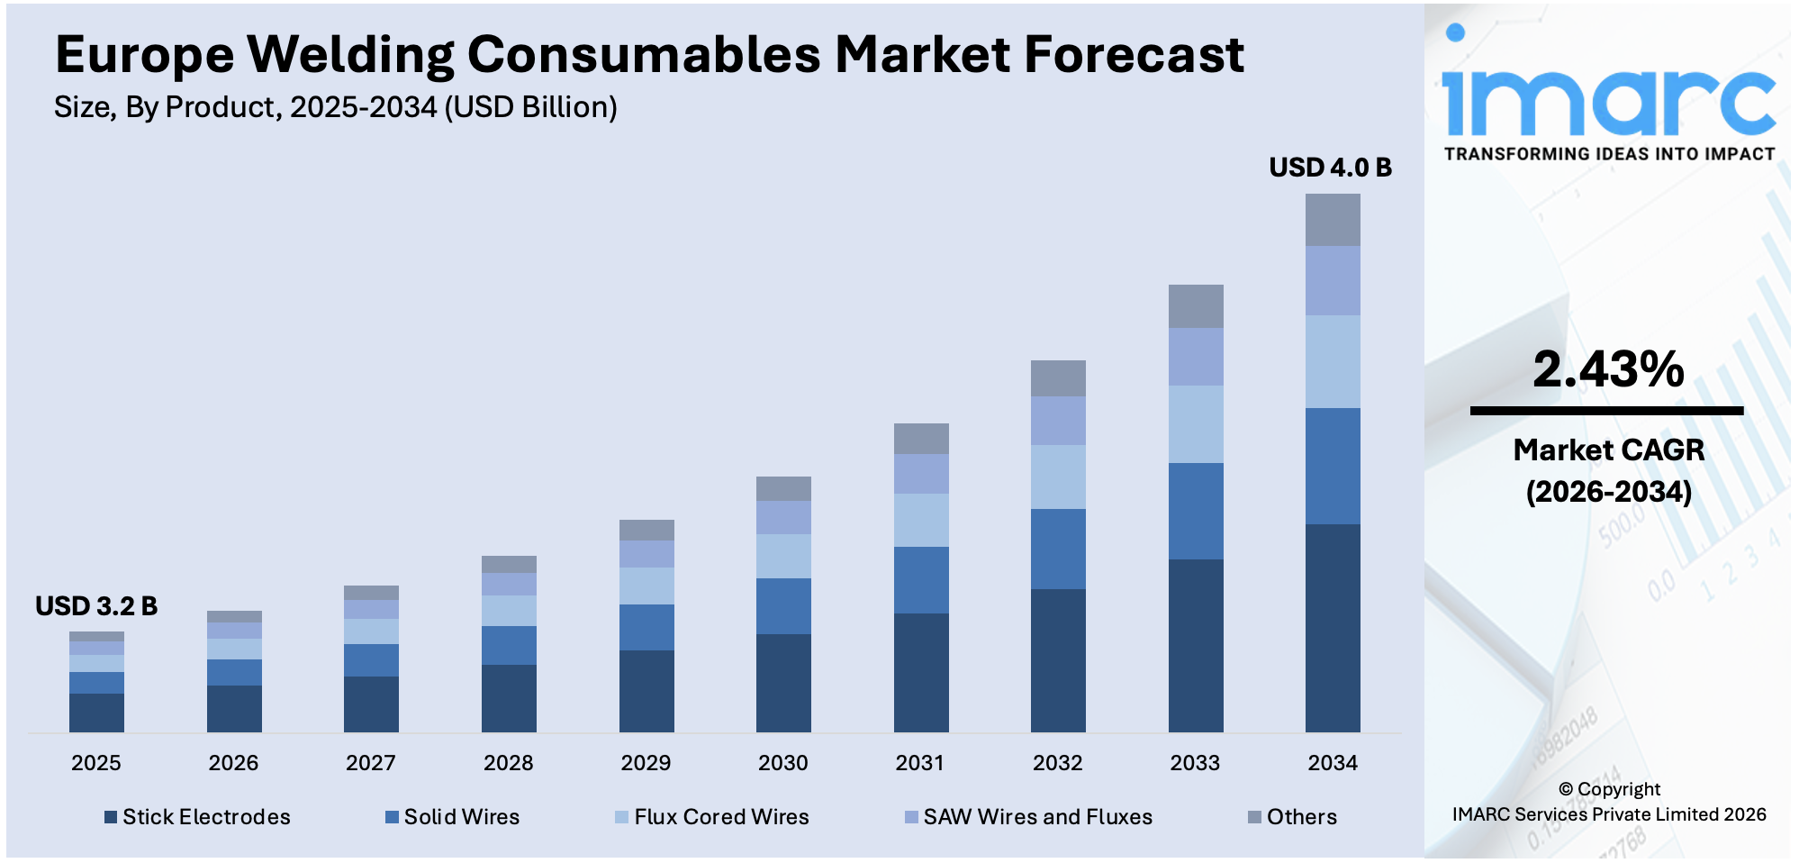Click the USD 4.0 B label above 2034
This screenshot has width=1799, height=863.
point(1330,168)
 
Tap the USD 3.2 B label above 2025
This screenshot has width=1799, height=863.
point(96,606)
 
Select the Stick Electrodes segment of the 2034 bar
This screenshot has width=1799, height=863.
point(1333,628)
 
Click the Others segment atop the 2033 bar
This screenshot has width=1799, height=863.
point(1196,306)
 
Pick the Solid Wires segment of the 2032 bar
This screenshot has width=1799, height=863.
point(1058,549)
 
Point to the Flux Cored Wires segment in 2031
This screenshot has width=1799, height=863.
point(921,520)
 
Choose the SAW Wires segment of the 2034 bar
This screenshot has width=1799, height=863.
point(1333,280)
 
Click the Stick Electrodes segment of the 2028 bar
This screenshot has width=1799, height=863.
point(509,698)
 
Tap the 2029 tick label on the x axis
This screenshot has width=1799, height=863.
point(646,763)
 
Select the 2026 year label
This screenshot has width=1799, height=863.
point(233,763)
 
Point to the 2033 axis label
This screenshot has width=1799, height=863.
point(1195,763)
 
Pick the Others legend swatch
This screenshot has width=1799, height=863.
point(1254,817)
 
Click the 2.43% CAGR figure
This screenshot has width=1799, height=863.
point(1608,369)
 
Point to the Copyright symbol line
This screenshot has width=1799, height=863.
point(1609,789)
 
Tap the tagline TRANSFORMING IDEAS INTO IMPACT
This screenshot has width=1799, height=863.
point(1609,154)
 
